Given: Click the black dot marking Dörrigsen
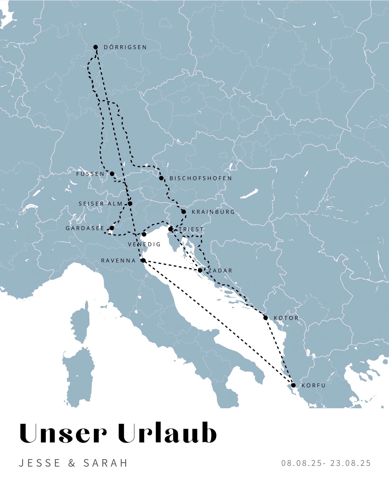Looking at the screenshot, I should point(96,47).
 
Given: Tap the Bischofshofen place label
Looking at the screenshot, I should point(201,178).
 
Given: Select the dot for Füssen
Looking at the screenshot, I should point(112,174).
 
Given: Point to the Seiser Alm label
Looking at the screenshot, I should point(100,204).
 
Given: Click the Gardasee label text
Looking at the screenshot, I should point(85,228).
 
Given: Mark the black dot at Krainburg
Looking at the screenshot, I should point(184,212).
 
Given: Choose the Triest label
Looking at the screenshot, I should point(191,229).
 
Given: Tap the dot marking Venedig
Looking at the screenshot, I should point(144,234).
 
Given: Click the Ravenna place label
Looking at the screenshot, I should point(118,260).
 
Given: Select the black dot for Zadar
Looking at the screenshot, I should point(200,270).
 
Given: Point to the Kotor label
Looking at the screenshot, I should point(286,318).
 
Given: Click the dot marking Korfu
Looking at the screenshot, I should point(293,385).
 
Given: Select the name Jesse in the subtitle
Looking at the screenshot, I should point(40,463).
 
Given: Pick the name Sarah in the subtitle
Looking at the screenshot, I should point(106,463).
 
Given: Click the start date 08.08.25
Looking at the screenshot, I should point(302,463).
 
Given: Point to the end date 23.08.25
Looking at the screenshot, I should point(351,463).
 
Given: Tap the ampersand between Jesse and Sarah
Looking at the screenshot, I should point(72,463).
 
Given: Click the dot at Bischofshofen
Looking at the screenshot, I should point(161,178).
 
